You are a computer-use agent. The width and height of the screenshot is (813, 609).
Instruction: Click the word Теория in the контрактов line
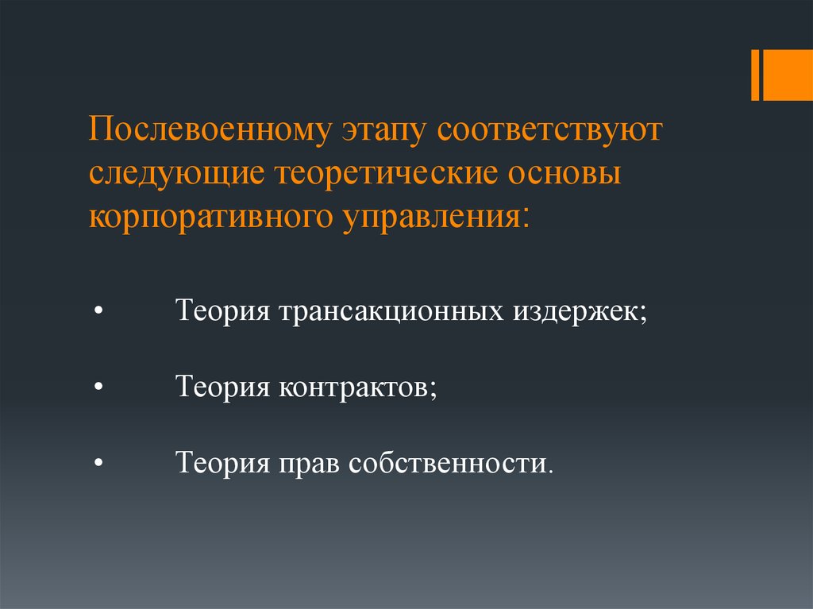[x=223, y=387]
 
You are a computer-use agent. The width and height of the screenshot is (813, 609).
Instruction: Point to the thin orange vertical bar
[x=754, y=75]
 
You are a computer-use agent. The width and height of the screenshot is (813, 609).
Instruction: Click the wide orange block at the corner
[x=788, y=75]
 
